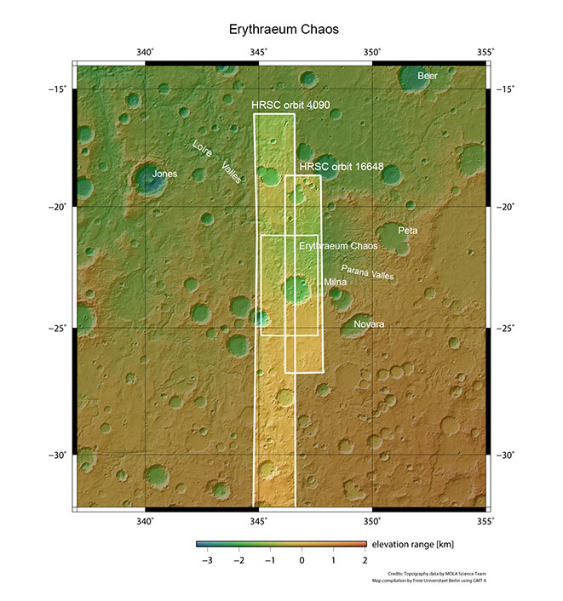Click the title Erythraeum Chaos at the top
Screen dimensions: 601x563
click(x=284, y=29)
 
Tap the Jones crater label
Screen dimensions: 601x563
click(x=164, y=174)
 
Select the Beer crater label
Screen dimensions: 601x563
click(x=427, y=77)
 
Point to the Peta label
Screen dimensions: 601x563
click(x=408, y=231)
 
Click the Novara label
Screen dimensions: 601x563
click(x=370, y=325)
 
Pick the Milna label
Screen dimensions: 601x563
click(x=335, y=281)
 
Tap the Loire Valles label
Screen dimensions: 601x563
click(x=216, y=160)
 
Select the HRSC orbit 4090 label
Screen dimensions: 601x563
click(x=291, y=106)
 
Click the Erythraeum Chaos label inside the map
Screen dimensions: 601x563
click(x=338, y=245)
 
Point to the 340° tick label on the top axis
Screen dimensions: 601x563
click(x=146, y=53)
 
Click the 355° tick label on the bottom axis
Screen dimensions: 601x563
click(x=484, y=521)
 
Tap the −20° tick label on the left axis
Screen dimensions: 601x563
click(x=60, y=207)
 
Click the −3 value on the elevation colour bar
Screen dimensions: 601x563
click(x=205, y=562)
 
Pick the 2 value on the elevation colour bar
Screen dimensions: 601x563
click(x=365, y=562)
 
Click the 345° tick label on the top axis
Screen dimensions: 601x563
click(x=259, y=53)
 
